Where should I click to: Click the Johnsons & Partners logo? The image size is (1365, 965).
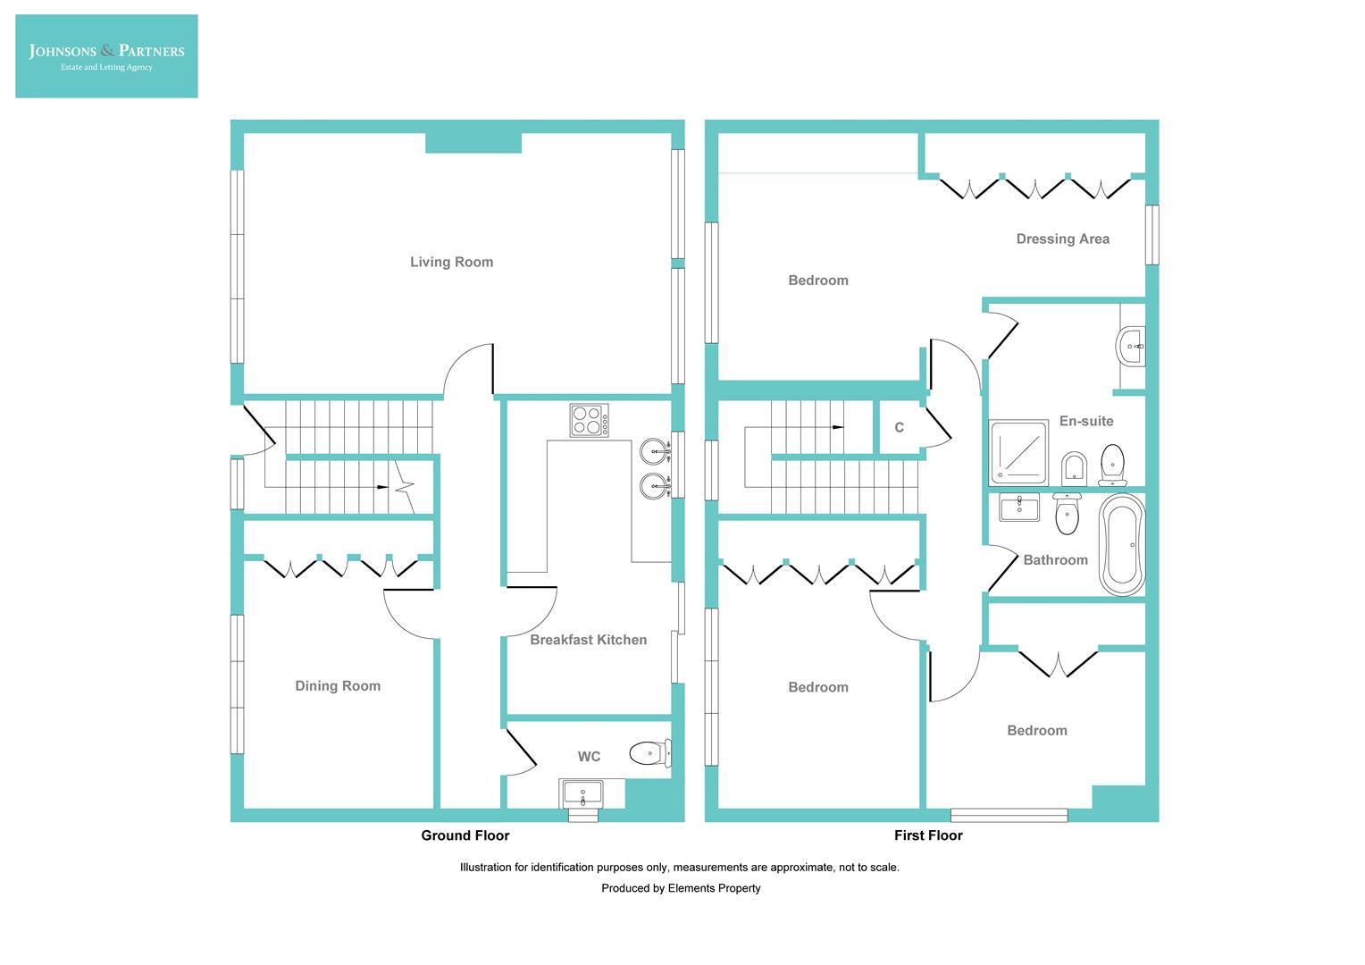pyautogui.click(x=106, y=56)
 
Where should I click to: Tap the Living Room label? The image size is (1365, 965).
pyautogui.click(x=451, y=262)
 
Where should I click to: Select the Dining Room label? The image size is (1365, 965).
pyautogui.click(x=338, y=686)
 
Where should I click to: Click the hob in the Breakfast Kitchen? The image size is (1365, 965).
pyautogui.click(x=590, y=421)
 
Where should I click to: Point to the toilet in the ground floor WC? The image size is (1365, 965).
pyautogui.click(x=649, y=753)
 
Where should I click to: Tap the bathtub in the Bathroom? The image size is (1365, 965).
pyautogui.click(x=1121, y=544)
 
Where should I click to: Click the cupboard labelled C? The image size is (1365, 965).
pyautogui.click(x=899, y=428)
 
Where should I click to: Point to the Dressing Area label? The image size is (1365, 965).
pyautogui.click(x=1062, y=239)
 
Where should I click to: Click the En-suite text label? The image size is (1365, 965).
pyautogui.click(x=1085, y=421)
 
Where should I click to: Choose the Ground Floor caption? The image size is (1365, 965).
pyautogui.click(x=465, y=835)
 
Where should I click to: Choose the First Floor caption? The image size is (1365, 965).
pyautogui.click(x=928, y=835)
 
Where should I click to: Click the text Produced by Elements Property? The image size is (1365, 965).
pyautogui.click(x=681, y=888)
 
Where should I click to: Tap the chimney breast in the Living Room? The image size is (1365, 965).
pyautogui.click(x=473, y=143)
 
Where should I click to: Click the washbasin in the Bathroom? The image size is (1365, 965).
pyautogui.click(x=1018, y=509)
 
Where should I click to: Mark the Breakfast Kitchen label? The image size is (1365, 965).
pyautogui.click(x=588, y=640)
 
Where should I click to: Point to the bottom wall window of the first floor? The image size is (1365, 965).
pyautogui.click(x=1009, y=815)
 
